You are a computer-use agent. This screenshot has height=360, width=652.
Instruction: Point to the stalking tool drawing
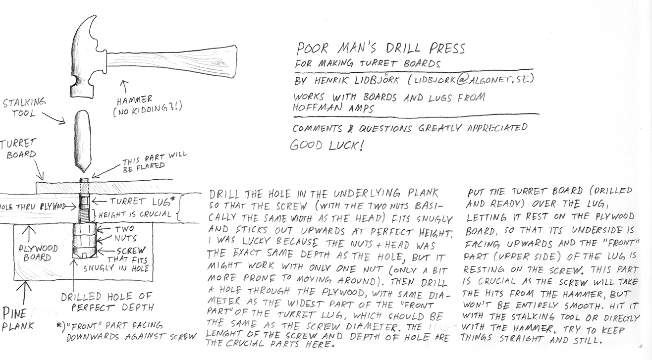pyautogui.click(x=83, y=141)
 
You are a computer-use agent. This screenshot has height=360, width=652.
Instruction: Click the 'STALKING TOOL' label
pyautogui.click(x=24, y=107)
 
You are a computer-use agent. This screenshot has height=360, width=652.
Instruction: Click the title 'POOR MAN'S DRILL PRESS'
pyautogui.click(x=380, y=49)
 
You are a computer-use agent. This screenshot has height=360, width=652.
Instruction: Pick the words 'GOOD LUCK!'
pyautogui.click(x=326, y=145)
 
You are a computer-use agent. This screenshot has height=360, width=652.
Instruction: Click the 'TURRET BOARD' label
pyautogui.click(x=19, y=149)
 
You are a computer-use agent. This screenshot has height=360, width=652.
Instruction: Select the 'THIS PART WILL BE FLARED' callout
pyautogui.click(x=154, y=162)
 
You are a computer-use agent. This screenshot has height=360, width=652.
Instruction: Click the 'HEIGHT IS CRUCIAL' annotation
pyautogui.click(x=135, y=215)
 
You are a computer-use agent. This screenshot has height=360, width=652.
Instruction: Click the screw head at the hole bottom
pyautogui.click(x=84, y=253)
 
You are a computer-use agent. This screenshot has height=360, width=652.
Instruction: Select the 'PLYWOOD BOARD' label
pyautogui.click(x=38, y=253)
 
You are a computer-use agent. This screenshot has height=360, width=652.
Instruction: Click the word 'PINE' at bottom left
pyautogui.click(x=14, y=314)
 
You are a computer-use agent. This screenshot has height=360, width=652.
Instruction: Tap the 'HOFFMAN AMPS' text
pyautogui.click(x=333, y=108)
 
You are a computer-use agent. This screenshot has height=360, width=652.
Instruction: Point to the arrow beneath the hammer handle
pyautogui.click(x=124, y=87)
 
